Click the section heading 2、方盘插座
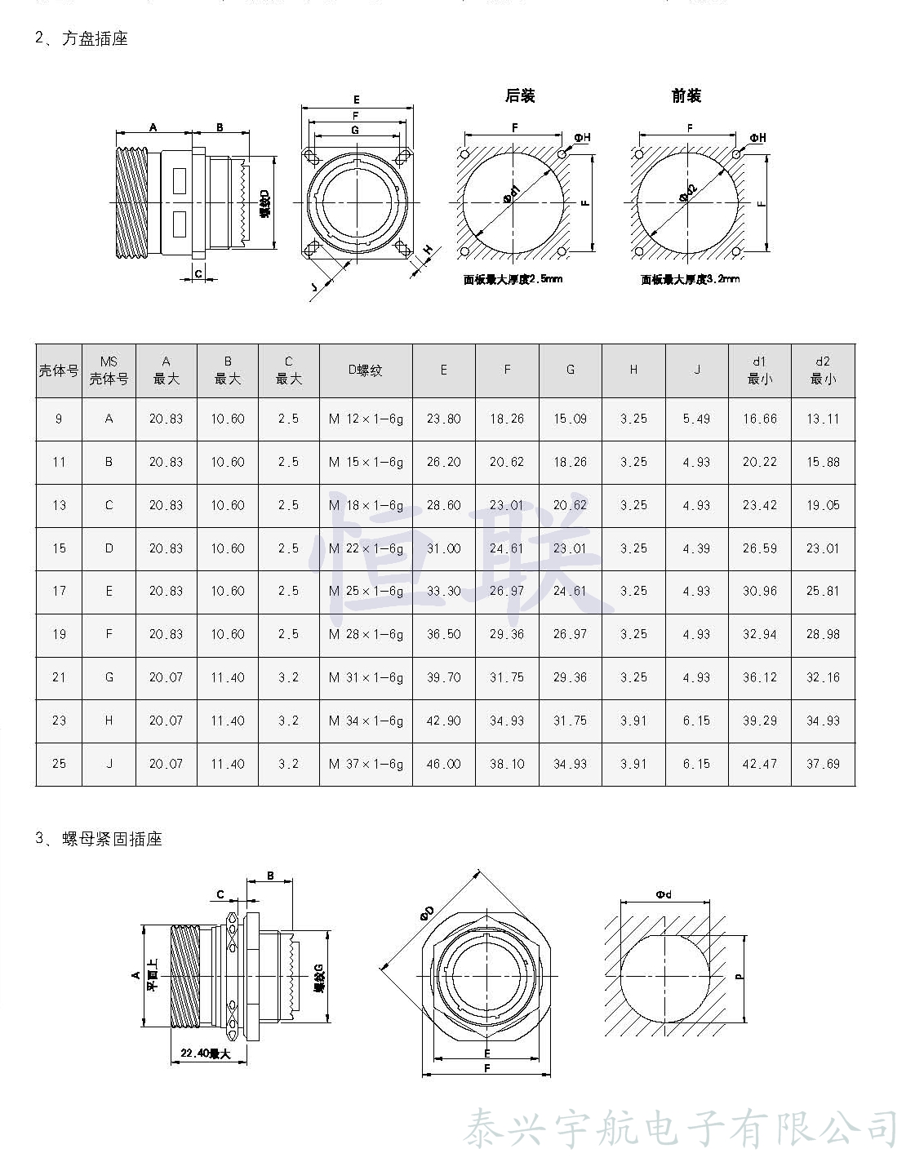pyautogui.click(x=82, y=38)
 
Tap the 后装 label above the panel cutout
pyautogui.click(x=520, y=95)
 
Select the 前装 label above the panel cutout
pyautogui.click(x=686, y=95)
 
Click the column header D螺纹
pyautogui.click(x=366, y=370)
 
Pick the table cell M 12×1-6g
pyautogui.click(x=366, y=419)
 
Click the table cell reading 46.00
pyautogui.click(x=443, y=765)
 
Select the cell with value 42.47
pyautogui.click(x=759, y=765)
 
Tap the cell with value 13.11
pyautogui.click(x=823, y=419)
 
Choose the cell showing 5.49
pyautogui.click(x=696, y=419)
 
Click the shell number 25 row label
pyautogui.click(x=59, y=765)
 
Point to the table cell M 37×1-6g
pyautogui.click(x=366, y=765)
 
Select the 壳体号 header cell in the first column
pyautogui.click(x=59, y=370)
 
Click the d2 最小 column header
pyautogui.click(x=823, y=370)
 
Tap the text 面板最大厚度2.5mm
pyautogui.click(x=513, y=280)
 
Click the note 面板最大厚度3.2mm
pyautogui.click(x=691, y=280)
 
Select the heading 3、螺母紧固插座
pyautogui.click(x=99, y=839)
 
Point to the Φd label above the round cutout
pyautogui.click(x=664, y=894)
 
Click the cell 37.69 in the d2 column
pyautogui.click(x=823, y=765)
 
